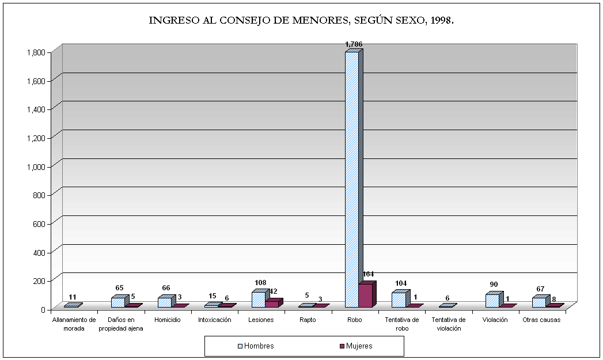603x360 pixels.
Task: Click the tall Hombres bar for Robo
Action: [352, 179]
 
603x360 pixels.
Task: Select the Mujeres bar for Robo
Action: [365, 295]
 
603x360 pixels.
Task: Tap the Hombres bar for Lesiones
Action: [258, 300]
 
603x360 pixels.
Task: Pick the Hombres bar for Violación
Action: [492, 301]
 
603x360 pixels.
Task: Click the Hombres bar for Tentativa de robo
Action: [399, 300]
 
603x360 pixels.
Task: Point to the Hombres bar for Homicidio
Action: [165, 302]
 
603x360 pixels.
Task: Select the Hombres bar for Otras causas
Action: [538, 302]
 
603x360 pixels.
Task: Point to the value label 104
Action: [401, 283]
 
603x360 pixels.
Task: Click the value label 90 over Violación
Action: [494, 285]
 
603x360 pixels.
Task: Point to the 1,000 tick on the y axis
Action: [36, 166]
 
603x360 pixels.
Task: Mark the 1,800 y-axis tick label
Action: [36, 52]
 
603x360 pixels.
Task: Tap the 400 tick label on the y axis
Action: [39, 252]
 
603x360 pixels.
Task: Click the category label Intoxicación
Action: [214, 320]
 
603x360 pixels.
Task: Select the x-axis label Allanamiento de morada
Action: [74, 324]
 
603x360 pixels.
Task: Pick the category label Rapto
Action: [307, 320]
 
